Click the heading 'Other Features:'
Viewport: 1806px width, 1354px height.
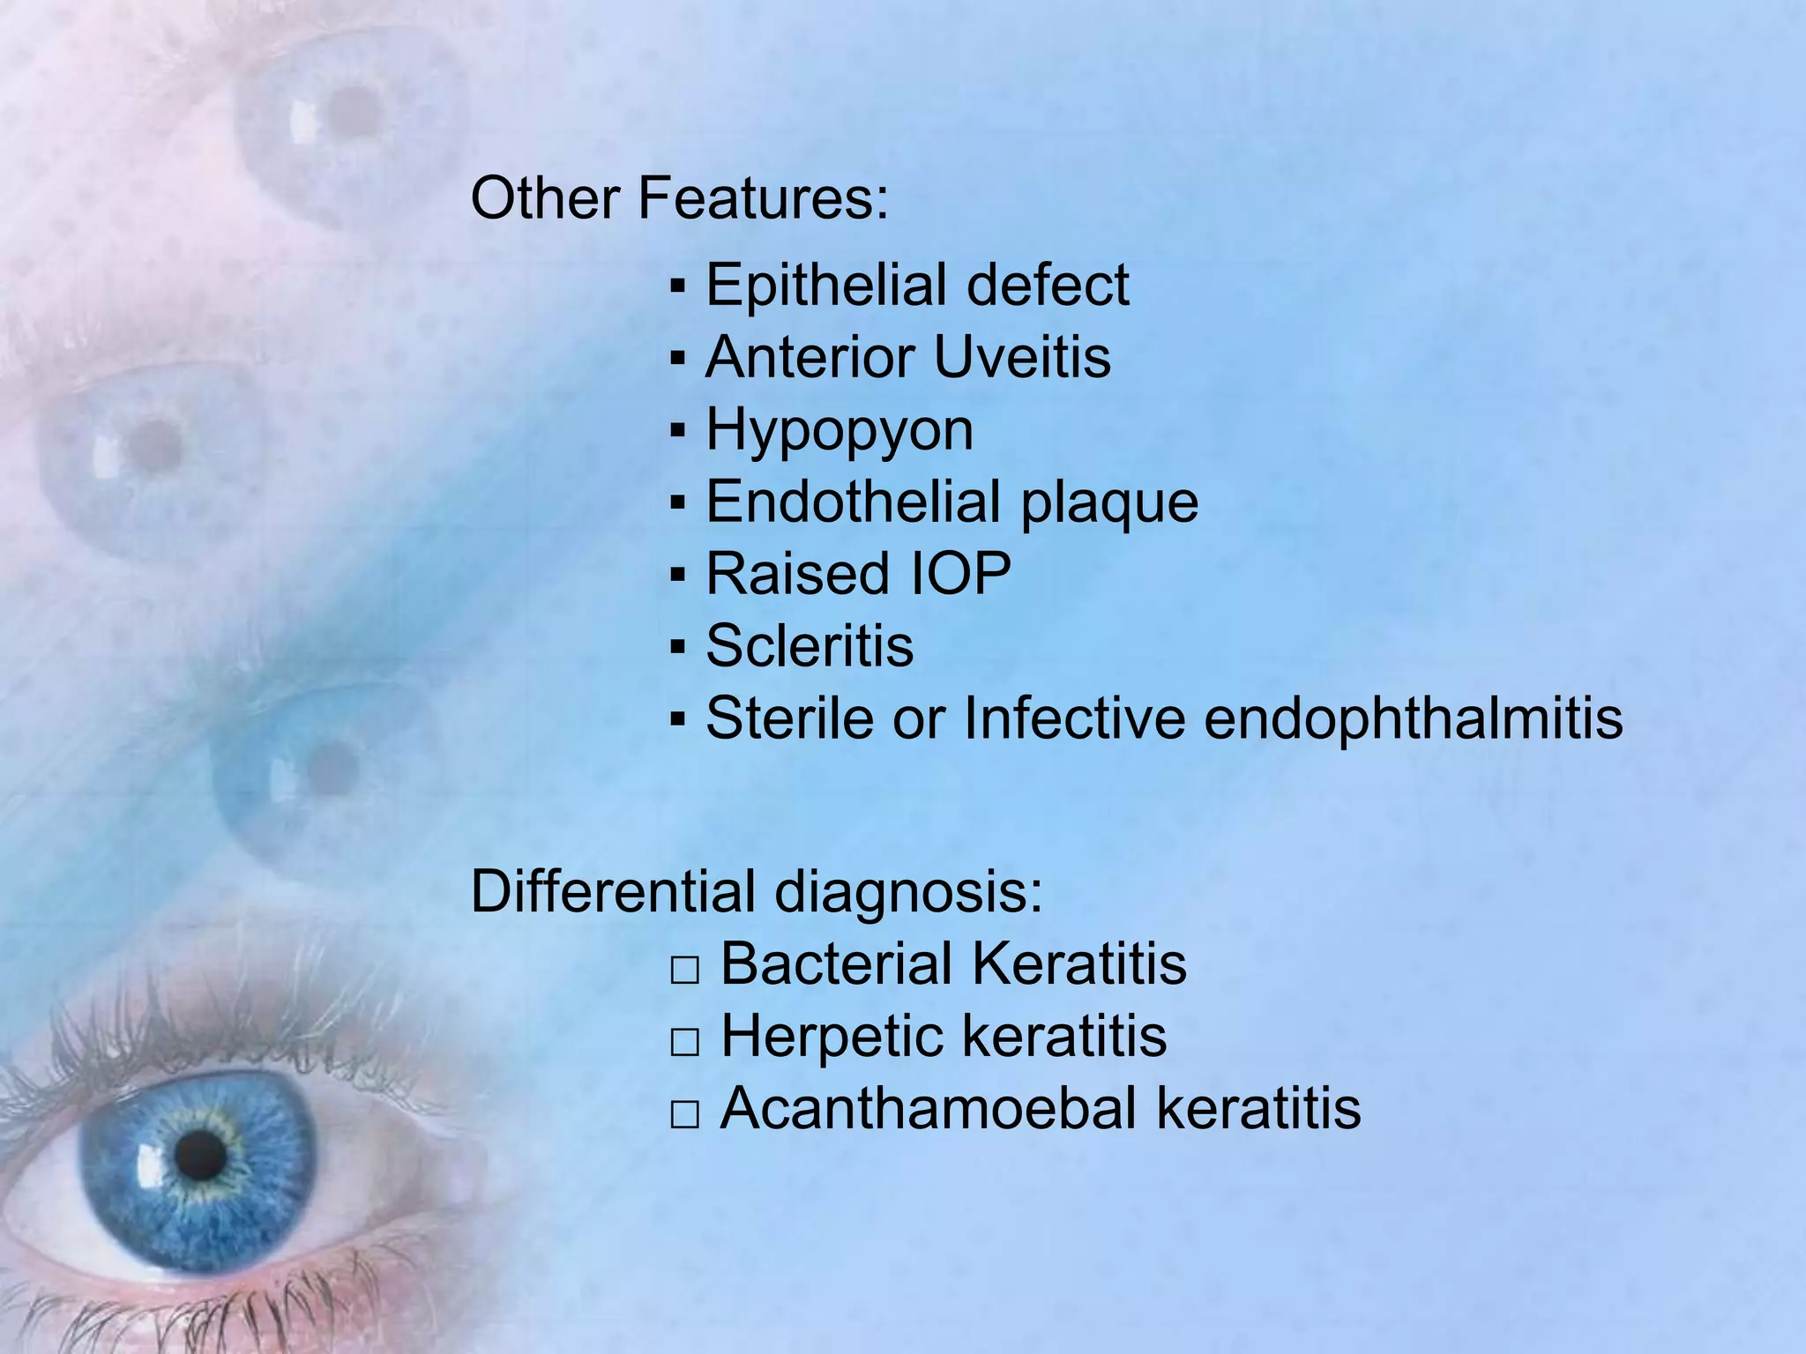coord(679,198)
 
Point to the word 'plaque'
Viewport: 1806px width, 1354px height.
coord(1109,503)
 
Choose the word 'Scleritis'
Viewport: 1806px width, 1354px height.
coord(810,646)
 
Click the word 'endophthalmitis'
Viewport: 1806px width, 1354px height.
coord(1413,718)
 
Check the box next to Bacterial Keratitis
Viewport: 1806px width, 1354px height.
coord(684,971)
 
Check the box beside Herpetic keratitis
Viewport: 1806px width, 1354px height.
coord(684,1043)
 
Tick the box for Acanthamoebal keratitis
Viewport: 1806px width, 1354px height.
coord(684,1115)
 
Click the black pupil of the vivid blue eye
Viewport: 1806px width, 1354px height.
coord(201,1154)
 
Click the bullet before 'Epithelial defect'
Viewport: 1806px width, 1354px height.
coord(677,286)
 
